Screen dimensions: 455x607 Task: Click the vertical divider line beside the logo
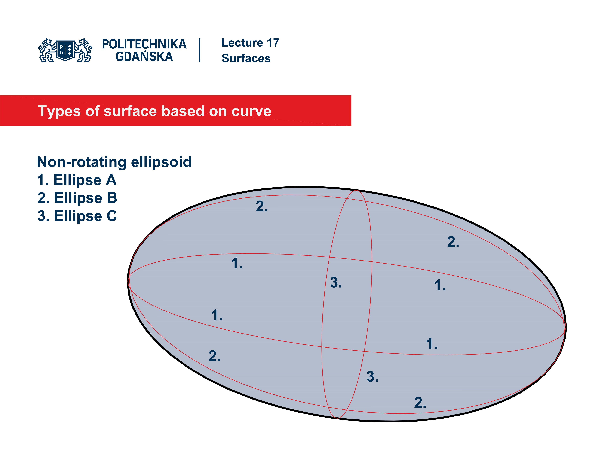click(x=199, y=50)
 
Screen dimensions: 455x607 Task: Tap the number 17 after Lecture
click(x=273, y=43)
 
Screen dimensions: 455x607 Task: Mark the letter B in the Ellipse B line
click(x=112, y=198)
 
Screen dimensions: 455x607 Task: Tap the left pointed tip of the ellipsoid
click(x=128, y=281)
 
